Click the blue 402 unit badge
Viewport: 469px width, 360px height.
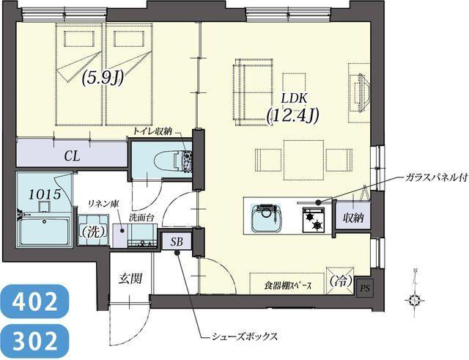pos(34,301)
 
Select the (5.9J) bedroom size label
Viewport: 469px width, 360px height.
pos(102,77)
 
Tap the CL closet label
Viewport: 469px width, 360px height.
pos(71,155)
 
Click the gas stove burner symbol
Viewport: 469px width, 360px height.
pos(316,218)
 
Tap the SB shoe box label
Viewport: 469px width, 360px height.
pos(177,241)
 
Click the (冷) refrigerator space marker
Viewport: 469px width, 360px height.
pos(338,281)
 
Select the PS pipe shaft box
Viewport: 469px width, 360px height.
pos(364,288)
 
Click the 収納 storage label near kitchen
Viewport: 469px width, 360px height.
pos(352,217)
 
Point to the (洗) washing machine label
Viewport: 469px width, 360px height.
pos(92,231)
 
